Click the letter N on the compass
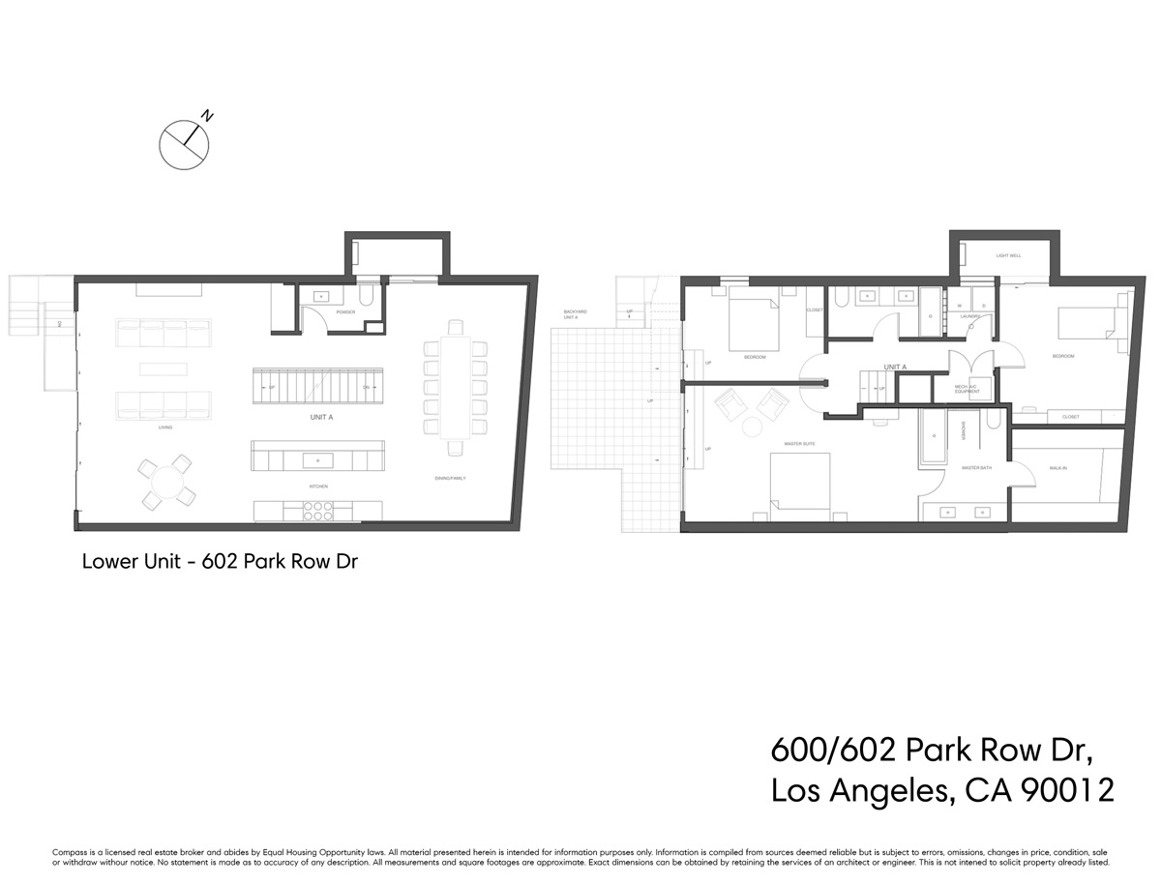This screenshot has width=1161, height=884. coord(208,116)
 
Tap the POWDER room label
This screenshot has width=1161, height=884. coord(345,312)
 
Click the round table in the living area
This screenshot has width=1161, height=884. coord(168,481)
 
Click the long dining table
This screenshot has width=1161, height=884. coord(453,385)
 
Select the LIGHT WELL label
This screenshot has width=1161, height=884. coord(1008,256)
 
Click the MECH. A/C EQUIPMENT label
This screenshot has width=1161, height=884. coord(967,389)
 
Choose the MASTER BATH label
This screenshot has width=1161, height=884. coord(973,468)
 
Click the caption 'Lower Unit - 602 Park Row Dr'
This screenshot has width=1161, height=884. coord(221,561)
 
